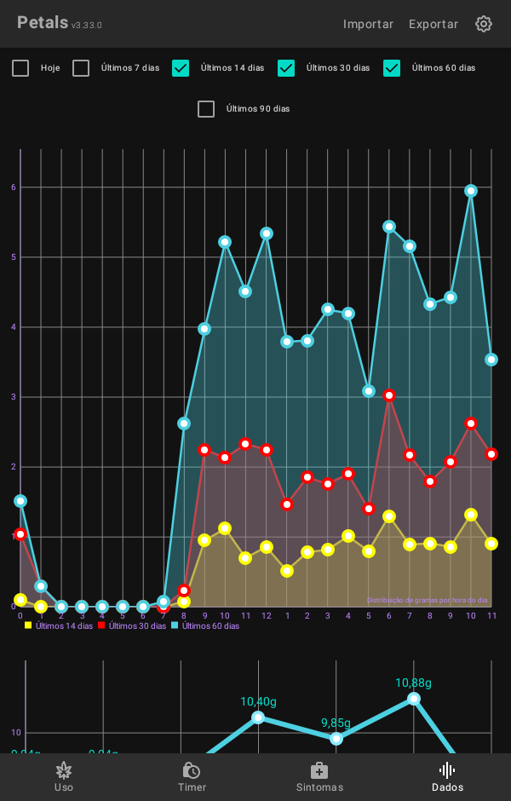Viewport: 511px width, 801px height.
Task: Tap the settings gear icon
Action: tap(484, 24)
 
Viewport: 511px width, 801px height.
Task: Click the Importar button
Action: tap(368, 24)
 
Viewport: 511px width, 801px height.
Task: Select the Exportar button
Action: tap(433, 24)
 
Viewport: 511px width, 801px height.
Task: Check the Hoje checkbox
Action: tap(20, 68)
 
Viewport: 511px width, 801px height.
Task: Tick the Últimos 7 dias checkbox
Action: tap(81, 68)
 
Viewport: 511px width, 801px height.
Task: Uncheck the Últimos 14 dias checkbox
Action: tap(181, 68)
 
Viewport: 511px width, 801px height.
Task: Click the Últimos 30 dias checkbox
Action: tap(286, 68)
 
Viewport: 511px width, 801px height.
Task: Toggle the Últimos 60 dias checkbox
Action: tap(392, 68)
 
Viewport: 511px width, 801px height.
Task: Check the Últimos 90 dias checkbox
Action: tap(206, 109)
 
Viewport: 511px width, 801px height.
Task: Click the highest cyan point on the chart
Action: tap(471, 191)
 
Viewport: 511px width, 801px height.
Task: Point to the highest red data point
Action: tap(389, 395)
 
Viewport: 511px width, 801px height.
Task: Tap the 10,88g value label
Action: tap(413, 683)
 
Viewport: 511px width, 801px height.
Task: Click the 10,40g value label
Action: tap(258, 701)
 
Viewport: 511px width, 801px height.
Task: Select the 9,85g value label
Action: tap(336, 723)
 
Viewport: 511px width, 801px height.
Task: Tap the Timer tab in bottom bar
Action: tap(192, 776)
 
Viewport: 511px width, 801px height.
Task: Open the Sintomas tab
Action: tap(319, 776)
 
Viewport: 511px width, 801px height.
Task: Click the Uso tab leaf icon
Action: tap(64, 770)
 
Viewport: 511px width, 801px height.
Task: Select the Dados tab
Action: tap(447, 776)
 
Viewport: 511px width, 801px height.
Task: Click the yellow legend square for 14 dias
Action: tap(28, 625)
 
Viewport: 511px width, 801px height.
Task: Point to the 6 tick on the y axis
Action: tap(14, 187)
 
